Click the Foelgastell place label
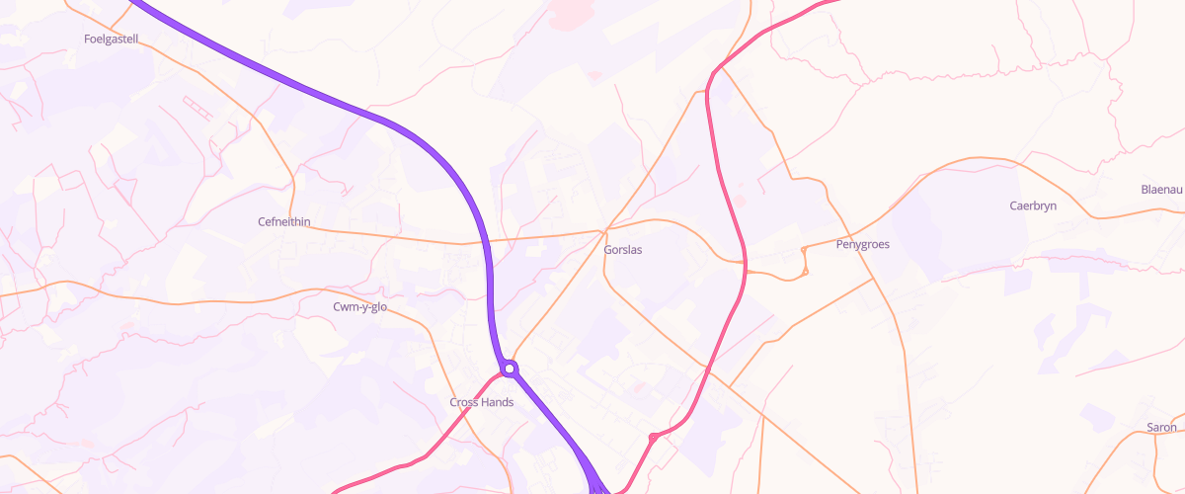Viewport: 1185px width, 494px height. click(112, 40)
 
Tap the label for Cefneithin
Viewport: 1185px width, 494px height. click(283, 222)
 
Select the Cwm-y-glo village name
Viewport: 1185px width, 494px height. click(360, 307)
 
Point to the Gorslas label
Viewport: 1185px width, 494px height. click(622, 250)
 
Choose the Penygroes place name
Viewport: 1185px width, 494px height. click(862, 244)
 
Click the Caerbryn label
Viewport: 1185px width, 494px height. click(1033, 206)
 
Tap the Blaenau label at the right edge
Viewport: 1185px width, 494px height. click(1161, 190)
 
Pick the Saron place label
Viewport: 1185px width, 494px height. click(1161, 428)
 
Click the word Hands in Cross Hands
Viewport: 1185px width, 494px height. click(497, 402)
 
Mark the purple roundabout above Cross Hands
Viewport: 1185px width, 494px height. click(510, 369)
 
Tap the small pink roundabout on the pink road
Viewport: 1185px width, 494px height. click(653, 437)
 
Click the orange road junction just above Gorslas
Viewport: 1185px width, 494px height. click(603, 232)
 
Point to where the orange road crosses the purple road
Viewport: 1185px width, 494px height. click(488, 240)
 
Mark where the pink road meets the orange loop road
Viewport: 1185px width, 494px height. click(744, 265)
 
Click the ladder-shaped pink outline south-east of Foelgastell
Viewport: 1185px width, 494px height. click(197, 107)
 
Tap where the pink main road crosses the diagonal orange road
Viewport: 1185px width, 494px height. click(708, 372)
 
